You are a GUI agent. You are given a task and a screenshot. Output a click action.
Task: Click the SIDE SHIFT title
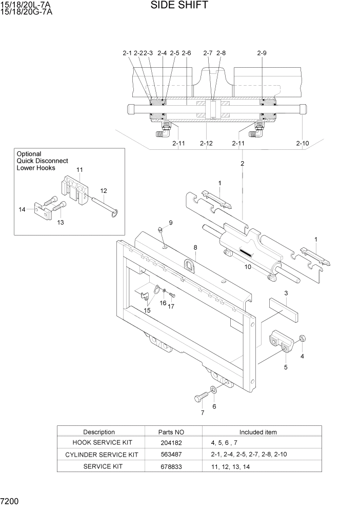pos(179,6)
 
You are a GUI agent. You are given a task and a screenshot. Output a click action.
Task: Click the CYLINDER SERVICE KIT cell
pos(102,455)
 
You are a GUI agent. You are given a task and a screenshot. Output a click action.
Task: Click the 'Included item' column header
pos(257,432)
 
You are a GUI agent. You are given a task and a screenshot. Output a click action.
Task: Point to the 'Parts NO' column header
pos(173,432)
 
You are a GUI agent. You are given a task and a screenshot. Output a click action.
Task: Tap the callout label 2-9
pos(262,53)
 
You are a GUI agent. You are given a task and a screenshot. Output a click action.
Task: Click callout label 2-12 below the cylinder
pos(206,143)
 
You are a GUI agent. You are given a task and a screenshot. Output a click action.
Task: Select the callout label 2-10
pos(303,143)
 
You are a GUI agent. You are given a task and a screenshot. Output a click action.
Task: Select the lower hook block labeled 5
pos(281,341)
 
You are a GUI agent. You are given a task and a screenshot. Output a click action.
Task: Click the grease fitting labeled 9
pos(161,229)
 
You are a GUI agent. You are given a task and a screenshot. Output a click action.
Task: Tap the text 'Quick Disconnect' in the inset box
pos(42,161)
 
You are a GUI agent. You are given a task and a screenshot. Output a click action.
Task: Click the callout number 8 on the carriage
pos(195,247)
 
